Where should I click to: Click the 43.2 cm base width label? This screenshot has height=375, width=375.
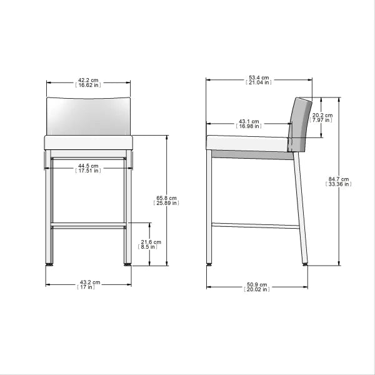click(x=87, y=284)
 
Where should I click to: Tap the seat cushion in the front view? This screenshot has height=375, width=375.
click(x=87, y=142)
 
